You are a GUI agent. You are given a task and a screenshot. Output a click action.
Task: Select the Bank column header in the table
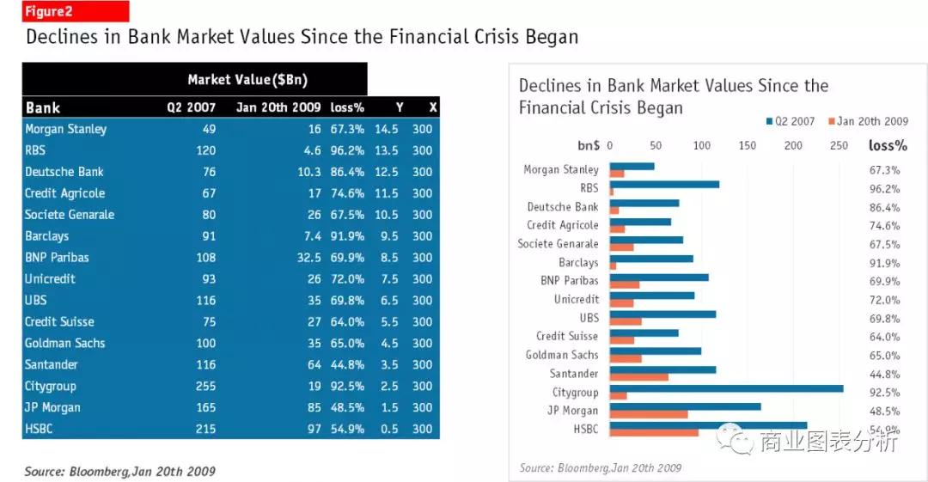click(43, 107)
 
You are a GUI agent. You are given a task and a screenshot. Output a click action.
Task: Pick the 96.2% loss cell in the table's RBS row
click(347, 150)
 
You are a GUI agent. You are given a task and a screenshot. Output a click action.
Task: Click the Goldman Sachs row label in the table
click(65, 344)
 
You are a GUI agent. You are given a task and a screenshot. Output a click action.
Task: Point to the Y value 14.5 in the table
click(386, 129)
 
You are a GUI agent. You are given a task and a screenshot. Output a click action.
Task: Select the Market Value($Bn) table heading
click(247, 80)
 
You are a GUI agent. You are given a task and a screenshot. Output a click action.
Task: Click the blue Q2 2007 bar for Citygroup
click(726, 388)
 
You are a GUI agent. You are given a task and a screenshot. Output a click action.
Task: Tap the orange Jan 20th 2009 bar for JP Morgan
click(649, 415)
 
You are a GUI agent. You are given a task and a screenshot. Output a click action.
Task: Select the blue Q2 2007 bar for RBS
click(664, 184)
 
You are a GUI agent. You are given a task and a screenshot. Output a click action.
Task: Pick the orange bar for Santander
click(638, 377)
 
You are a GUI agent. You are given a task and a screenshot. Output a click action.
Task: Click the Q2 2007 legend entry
click(790, 122)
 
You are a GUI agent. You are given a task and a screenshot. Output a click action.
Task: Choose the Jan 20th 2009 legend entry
click(868, 122)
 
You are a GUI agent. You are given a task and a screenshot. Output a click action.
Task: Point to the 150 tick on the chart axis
click(748, 145)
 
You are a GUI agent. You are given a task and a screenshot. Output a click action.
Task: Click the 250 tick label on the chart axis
click(839, 145)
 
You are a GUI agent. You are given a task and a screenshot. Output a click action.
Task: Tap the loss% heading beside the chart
click(888, 145)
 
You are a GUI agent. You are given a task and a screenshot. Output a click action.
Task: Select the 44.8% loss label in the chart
click(884, 375)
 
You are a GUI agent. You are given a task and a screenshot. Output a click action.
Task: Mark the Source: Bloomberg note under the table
click(119, 471)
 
